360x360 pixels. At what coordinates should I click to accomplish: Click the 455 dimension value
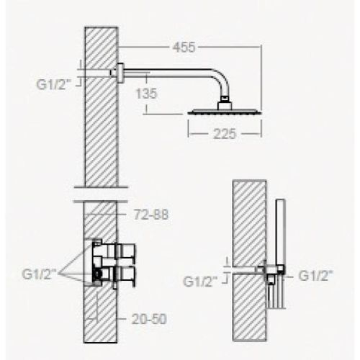coord(184,48)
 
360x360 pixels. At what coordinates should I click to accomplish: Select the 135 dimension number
coord(146,94)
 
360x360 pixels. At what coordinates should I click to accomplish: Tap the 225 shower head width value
coord(225,133)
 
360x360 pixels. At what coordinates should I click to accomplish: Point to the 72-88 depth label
coord(150,215)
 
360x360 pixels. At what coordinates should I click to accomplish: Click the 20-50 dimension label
coord(149,319)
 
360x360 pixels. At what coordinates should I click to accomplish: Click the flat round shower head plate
coord(225,112)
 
